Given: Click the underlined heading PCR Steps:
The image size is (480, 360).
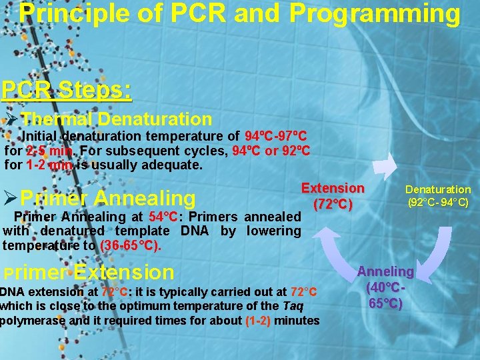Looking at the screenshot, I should point(66,89).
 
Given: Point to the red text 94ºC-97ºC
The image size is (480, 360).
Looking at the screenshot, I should point(275,137).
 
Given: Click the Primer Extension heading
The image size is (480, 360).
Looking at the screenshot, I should point(89,272).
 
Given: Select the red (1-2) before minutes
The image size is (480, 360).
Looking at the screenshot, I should point(257,320).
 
